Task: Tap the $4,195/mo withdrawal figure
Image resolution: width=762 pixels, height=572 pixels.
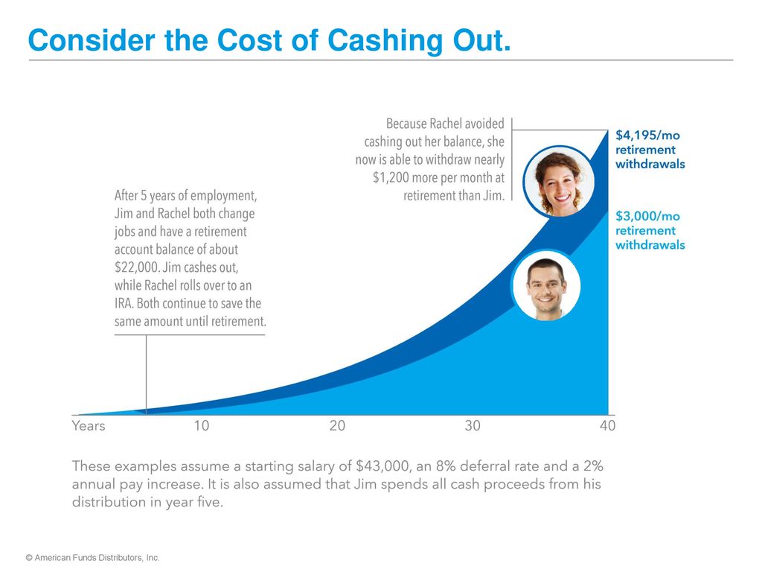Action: [647, 136]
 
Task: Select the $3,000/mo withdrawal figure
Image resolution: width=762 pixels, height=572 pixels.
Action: [647, 216]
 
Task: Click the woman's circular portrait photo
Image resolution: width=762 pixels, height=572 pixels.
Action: [560, 182]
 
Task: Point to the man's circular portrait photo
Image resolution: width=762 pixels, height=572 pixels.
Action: [546, 285]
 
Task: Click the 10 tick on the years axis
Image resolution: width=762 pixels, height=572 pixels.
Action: [201, 425]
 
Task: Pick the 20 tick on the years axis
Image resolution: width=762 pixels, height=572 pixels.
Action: [337, 425]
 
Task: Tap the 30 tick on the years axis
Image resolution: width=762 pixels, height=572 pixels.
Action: [473, 425]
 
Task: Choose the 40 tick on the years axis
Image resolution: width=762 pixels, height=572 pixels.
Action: [607, 425]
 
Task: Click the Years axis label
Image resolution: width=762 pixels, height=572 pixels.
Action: [89, 425]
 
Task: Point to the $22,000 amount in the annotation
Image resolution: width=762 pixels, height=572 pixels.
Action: [137, 267]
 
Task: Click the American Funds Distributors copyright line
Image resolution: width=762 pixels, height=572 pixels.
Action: [92, 558]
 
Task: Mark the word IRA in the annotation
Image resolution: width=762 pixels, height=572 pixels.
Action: [124, 304]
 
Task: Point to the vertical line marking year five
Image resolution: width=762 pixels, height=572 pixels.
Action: [147, 375]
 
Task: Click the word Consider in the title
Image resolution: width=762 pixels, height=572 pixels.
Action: [92, 40]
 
